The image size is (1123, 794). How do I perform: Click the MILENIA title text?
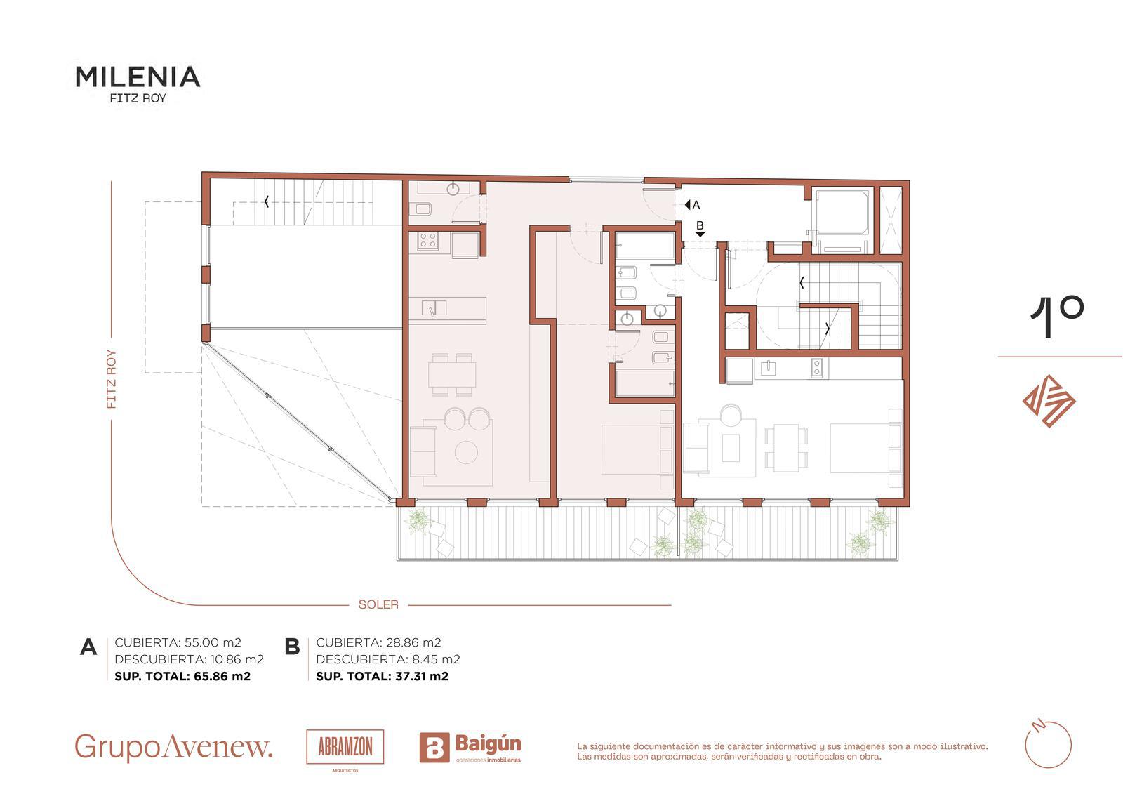point(138,77)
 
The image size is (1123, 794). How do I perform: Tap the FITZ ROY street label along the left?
point(112,379)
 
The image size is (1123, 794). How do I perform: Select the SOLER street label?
point(378,605)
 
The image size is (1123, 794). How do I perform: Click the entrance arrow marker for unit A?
point(687,205)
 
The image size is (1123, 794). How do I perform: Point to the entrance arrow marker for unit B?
point(700,234)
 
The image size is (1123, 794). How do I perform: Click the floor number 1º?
point(1057,316)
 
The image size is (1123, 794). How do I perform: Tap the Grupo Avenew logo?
point(173,748)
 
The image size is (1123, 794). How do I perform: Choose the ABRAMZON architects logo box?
point(345,747)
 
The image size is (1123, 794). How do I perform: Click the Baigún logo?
point(470,748)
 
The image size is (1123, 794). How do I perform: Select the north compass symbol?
point(1049,745)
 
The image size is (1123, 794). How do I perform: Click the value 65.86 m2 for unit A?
point(222,676)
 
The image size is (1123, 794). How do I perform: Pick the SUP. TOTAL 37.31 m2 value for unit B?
point(382,676)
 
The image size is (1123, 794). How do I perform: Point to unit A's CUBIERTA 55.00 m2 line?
point(178,642)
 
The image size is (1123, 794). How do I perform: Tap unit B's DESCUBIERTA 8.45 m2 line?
point(388,659)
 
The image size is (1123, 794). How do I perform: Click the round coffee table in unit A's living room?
point(466,452)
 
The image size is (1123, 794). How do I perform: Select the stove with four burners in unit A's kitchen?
point(427,241)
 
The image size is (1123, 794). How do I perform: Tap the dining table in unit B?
point(786,447)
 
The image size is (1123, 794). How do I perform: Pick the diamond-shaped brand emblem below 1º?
point(1049,402)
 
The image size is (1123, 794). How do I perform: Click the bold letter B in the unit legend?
point(292,647)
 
